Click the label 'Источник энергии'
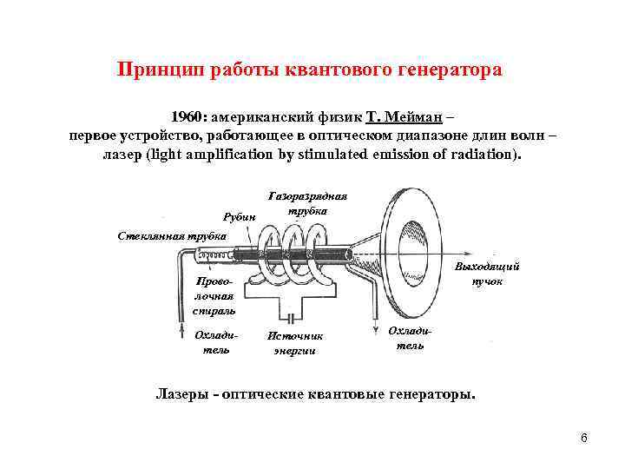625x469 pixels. (x=294, y=342)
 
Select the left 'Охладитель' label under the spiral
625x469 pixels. (x=212, y=341)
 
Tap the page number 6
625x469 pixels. (x=583, y=437)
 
